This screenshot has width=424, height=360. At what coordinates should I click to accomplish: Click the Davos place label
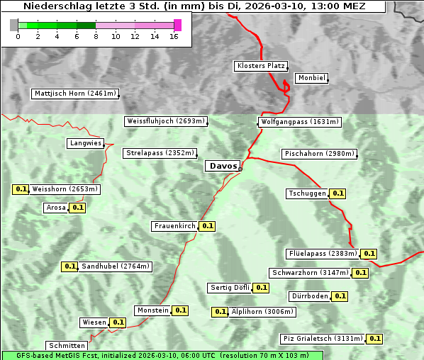(x=223, y=166)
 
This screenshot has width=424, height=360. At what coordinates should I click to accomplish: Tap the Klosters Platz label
(x=260, y=66)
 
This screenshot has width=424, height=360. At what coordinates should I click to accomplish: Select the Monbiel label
(x=311, y=78)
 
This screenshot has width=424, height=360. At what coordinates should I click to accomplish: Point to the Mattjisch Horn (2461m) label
(x=74, y=94)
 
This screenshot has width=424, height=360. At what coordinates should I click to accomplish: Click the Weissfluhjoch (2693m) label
(x=166, y=121)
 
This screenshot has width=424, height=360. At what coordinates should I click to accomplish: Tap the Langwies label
(x=85, y=143)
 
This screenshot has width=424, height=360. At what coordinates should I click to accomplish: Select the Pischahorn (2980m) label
(x=319, y=154)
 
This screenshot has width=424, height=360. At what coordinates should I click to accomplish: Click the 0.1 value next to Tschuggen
(x=338, y=193)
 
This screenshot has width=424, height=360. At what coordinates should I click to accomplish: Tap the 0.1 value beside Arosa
(x=78, y=208)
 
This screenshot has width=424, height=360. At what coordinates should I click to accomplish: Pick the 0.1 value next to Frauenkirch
(x=207, y=226)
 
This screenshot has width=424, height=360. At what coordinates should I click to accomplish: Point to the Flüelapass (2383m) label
(x=322, y=254)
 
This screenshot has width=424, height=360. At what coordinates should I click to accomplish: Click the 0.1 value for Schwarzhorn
(x=361, y=273)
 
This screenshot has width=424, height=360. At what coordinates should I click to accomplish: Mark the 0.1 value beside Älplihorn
(x=220, y=311)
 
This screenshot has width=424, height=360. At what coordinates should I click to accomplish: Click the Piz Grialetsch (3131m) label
(x=323, y=339)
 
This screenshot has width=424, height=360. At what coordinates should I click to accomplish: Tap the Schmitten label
(x=67, y=346)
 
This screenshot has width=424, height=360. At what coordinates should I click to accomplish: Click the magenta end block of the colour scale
(x=177, y=25)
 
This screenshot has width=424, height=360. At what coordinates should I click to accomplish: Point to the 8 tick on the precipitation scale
(x=96, y=36)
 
